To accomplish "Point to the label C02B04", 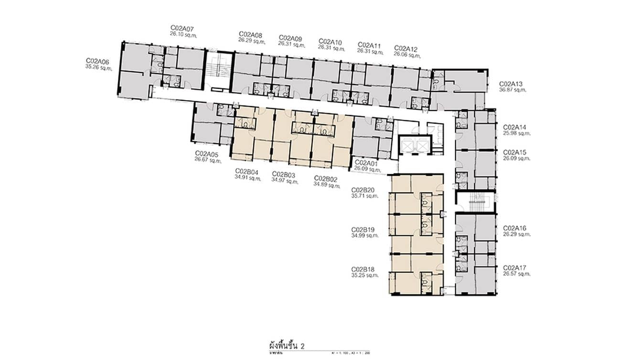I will tap(246, 171).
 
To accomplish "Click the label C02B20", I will tap(363, 190).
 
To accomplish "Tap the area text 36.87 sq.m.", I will tap(513, 90).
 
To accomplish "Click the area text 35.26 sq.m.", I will tap(98, 67).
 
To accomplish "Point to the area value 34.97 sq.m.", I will tap(285, 180).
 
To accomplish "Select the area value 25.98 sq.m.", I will tap(517, 134).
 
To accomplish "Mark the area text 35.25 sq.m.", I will tap(364, 275).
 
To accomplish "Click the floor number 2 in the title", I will tap(302, 345).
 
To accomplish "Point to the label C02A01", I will tap(366, 163).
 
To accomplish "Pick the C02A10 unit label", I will tap(330, 42).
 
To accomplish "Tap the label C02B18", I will tap(363, 269).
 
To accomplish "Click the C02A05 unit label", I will tap(206, 154).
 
